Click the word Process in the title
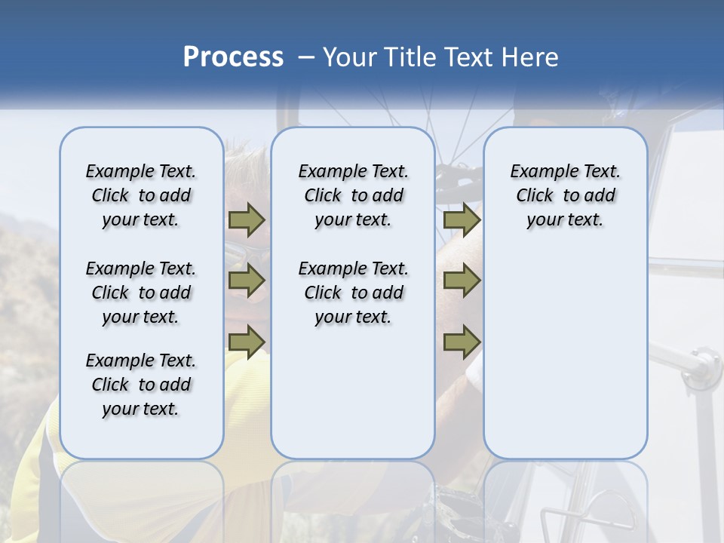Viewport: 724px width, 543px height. (233, 57)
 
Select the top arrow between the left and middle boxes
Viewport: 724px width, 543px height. (247, 220)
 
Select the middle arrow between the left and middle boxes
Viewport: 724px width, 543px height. (247, 281)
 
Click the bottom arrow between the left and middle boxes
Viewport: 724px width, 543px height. (247, 341)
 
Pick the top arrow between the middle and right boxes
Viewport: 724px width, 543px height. (462, 220)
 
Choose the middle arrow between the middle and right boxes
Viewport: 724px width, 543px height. (462, 281)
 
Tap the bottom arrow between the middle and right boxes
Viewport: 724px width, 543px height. (462, 342)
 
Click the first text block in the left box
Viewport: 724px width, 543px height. (141, 195)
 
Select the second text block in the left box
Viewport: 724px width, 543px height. (141, 293)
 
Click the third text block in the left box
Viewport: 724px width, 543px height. (141, 385)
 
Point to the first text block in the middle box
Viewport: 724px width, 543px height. (353, 195)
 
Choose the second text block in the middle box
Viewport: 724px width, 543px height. (353, 293)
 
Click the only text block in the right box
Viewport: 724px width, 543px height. (565, 195)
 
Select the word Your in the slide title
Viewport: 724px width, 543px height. (349, 57)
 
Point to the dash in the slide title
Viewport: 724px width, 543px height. (305, 57)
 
